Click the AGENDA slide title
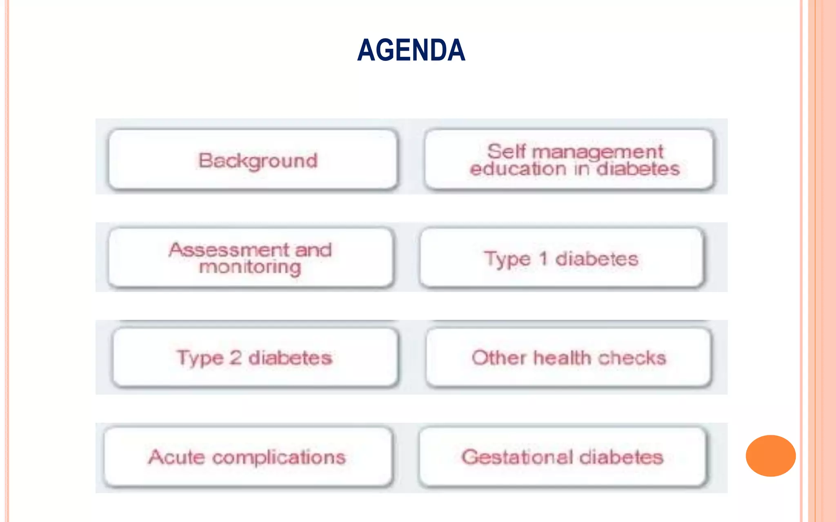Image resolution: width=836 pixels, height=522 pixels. tap(411, 50)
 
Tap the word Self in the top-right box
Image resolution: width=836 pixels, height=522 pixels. tap(506, 152)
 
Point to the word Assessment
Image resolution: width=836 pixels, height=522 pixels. tap(229, 250)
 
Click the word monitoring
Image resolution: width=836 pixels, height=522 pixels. tap(250, 268)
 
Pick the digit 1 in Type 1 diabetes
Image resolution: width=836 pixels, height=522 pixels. tap(543, 259)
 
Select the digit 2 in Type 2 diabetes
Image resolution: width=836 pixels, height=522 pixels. tap(236, 358)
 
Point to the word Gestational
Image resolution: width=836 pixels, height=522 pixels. tap(517, 457)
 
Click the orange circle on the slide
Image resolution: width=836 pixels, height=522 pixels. tap(770, 456)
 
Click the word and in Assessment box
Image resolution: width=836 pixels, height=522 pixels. tap(313, 250)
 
